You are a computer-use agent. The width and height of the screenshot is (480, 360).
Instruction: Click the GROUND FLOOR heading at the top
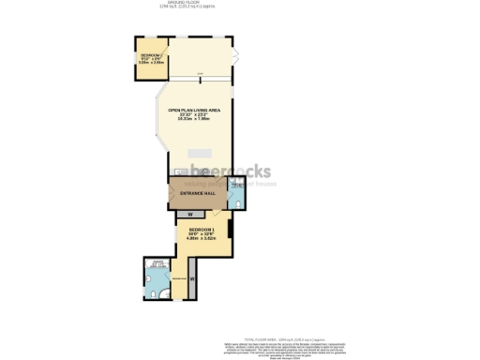194,5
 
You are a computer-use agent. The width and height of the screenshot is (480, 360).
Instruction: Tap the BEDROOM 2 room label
151,57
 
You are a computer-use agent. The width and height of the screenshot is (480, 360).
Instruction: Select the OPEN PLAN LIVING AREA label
194,111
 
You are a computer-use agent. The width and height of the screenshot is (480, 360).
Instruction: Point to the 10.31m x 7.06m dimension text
194,120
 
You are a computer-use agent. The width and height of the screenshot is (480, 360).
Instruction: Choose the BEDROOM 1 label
202,230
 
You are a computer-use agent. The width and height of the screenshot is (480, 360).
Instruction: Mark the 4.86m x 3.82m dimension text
202,239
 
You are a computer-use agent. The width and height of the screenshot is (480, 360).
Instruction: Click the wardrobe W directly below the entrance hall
190,215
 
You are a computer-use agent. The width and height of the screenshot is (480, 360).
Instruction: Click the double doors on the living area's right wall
236,54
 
